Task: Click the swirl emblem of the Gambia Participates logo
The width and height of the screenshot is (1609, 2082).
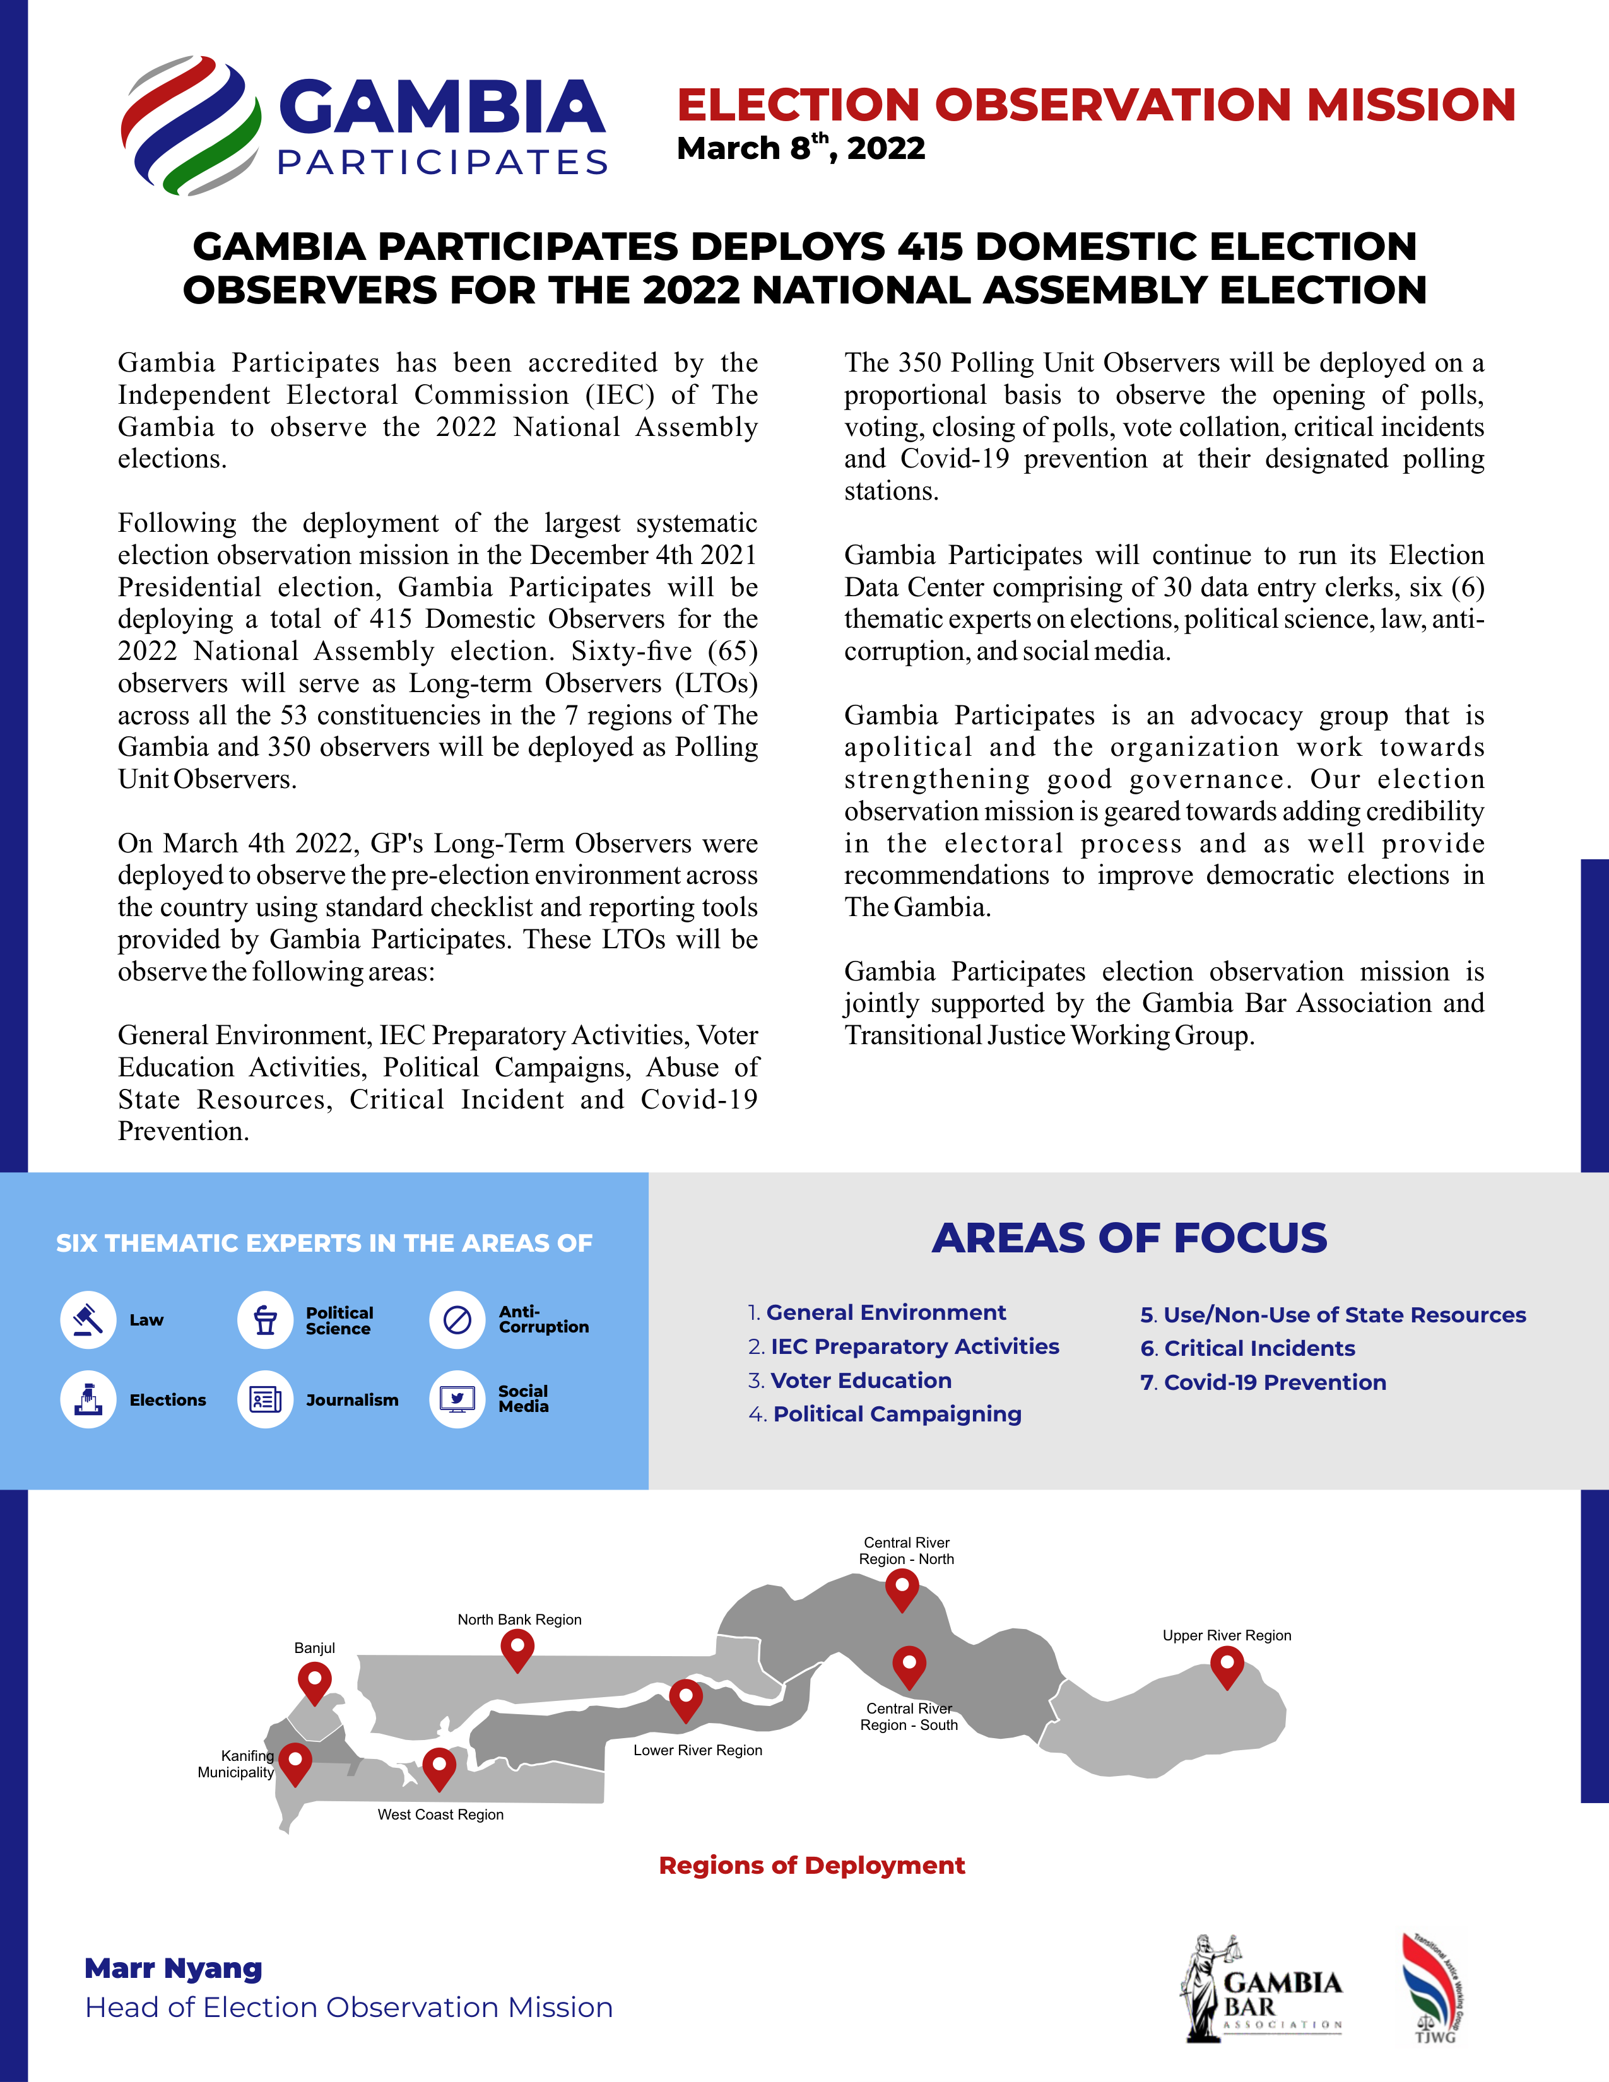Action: click(x=191, y=125)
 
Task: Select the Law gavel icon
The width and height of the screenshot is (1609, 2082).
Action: click(x=88, y=1319)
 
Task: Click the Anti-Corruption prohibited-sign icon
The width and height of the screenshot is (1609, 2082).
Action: click(x=457, y=1319)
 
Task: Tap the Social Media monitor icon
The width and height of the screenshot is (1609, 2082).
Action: click(x=457, y=1399)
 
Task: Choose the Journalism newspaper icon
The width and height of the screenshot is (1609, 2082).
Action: click(x=265, y=1399)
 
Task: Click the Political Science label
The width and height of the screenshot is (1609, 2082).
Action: click(x=339, y=1320)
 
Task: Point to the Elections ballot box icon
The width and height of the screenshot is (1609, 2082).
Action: click(x=88, y=1399)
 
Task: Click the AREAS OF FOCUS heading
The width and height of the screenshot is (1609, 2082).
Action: click(x=1129, y=1237)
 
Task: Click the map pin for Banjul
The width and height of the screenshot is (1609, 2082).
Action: click(x=315, y=1681)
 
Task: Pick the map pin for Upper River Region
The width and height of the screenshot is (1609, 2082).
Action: click(x=1227, y=1666)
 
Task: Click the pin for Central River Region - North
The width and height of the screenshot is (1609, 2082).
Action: click(x=902, y=1587)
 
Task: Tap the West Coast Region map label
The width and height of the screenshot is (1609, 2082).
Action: click(x=440, y=1814)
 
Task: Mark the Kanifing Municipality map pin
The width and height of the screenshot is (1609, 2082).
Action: click(x=295, y=1761)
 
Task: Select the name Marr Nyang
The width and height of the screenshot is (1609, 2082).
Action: click(x=174, y=1968)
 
